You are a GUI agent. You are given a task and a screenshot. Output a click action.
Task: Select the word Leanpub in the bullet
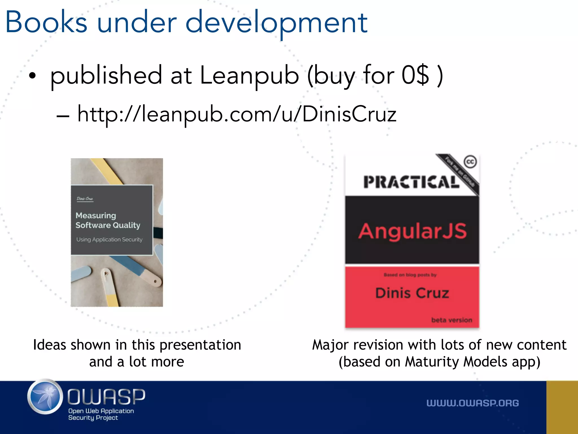pos(249,75)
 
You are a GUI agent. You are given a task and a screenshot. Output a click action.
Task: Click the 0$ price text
pos(415,75)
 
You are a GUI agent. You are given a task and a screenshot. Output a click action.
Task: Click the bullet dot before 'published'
pos(32,76)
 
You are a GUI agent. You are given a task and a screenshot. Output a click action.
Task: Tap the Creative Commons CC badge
pos(470,162)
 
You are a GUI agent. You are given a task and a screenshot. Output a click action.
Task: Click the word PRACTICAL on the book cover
pos(411,182)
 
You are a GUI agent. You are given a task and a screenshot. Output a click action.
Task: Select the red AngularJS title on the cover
pos(412,231)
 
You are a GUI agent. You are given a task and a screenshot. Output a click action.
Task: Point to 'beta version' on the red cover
pos(452,320)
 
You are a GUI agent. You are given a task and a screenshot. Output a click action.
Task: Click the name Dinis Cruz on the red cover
pos(412,293)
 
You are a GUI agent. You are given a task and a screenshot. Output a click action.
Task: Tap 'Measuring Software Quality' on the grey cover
pos(108,220)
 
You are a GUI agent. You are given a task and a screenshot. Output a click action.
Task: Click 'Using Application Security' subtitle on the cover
pos(109,240)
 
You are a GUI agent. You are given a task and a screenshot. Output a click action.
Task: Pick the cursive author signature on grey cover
pos(85,199)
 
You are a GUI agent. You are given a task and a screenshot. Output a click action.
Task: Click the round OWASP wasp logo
pos(45,397)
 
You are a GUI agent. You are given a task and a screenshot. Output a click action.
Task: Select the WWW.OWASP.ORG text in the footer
pos(472,403)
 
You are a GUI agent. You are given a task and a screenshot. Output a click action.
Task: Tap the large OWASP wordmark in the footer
pos(106,396)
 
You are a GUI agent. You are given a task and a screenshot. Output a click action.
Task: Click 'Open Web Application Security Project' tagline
pos(101,414)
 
